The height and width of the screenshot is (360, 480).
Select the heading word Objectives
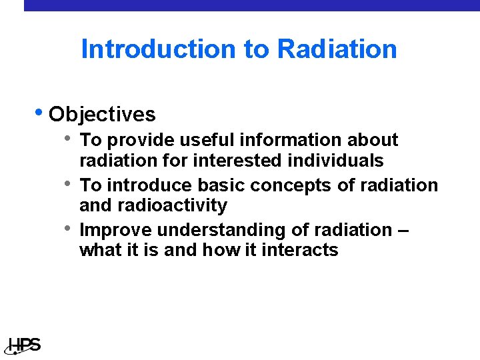[102, 115]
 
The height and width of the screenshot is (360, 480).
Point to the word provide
[139, 141]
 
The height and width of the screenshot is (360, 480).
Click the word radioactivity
[174, 205]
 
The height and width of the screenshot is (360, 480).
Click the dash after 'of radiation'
[402, 231]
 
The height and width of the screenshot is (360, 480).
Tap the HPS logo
[24, 345]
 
